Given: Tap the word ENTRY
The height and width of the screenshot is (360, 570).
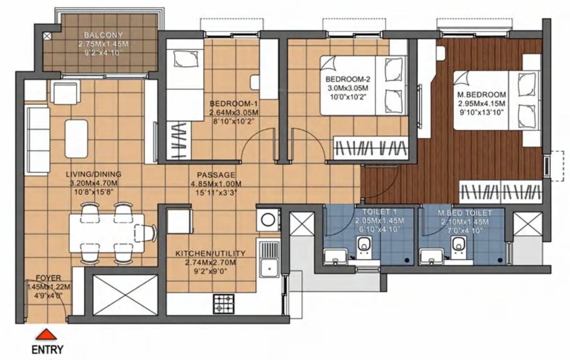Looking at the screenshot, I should click(47, 349).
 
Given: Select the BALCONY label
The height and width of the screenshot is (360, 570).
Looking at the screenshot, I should click(103, 35).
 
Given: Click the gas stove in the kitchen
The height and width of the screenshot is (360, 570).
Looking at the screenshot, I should click(224, 303).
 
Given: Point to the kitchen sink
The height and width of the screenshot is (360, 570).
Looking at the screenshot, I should click(269, 268).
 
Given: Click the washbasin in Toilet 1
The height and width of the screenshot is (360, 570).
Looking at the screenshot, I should click(336, 257).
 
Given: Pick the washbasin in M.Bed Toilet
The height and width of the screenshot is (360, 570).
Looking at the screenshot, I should click(431, 257).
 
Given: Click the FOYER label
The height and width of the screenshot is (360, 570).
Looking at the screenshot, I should click(49, 278).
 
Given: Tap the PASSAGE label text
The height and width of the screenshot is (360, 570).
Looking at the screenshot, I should click(213, 174).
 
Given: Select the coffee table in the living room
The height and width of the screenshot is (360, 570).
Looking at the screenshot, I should click(76, 139).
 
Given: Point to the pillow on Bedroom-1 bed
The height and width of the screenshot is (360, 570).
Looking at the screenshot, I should click(180, 59).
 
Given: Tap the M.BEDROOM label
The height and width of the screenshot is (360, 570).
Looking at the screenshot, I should click(481, 94).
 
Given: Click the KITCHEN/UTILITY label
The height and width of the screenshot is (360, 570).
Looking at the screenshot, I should click(210, 254).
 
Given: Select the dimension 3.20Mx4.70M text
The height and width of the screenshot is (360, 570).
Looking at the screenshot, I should click(94, 182).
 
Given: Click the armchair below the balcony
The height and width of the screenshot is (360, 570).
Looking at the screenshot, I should click(66, 92).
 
